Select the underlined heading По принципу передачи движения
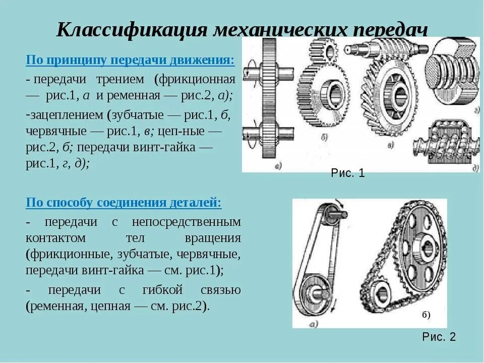click(130, 60)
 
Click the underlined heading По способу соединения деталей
click(124, 203)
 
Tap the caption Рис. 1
click(348, 174)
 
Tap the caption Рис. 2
click(439, 337)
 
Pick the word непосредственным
click(187, 222)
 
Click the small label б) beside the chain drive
click(426, 316)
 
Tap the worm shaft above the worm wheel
click(383, 50)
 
